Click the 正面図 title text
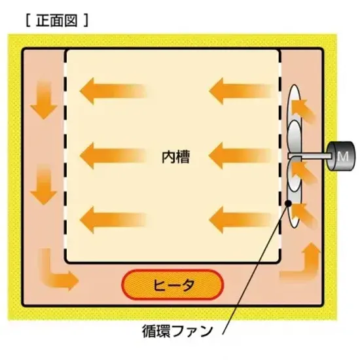tap(57, 21)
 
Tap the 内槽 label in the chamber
tap(176, 157)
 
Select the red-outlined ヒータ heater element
tap(172, 285)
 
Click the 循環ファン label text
tap(177, 331)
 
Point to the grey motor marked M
tap(342, 156)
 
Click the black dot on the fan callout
tap(288, 203)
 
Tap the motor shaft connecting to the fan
tap(310, 156)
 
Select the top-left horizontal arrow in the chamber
tap(113, 91)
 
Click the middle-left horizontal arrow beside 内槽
tap(113, 156)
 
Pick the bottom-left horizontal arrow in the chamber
tap(113, 220)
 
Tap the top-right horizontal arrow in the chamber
tap(241, 91)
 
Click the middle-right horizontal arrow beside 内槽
tap(241, 156)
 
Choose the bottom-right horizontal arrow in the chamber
tap(241, 220)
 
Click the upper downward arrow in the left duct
tap(44, 100)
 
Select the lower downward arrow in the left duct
tap(44, 185)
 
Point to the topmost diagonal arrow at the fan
tap(303, 111)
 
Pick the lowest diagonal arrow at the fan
tap(304, 215)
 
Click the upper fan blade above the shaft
tap(294, 137)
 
